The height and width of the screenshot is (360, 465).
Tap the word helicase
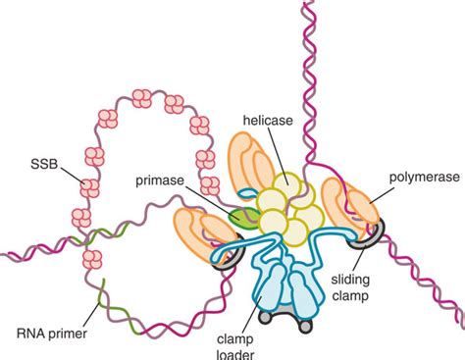pos(269,122)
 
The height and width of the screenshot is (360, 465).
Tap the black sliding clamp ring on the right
pos(371,234)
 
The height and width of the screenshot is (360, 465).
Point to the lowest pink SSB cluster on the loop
pos(93,260)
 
